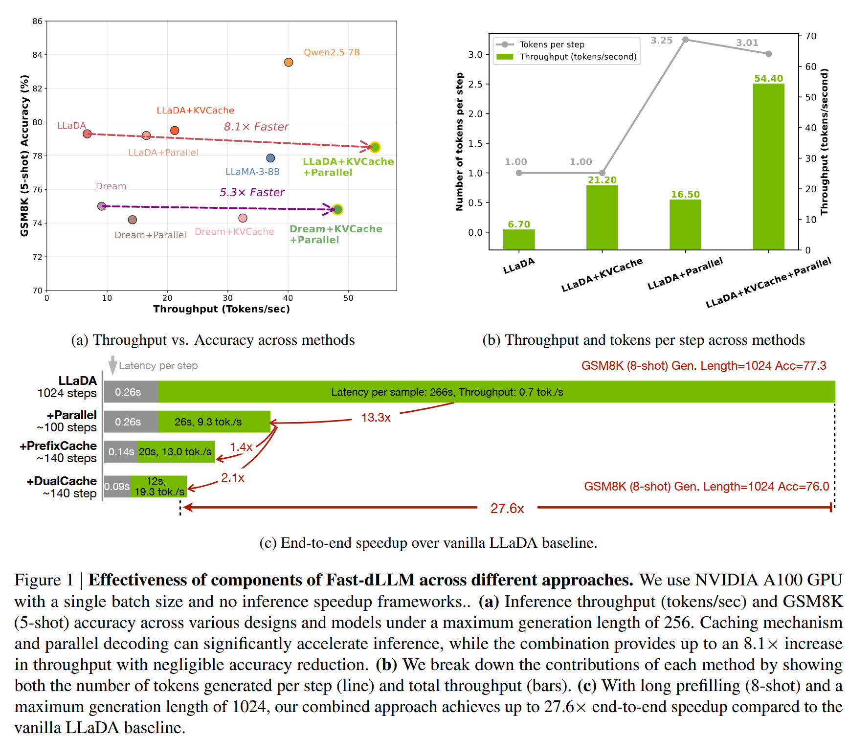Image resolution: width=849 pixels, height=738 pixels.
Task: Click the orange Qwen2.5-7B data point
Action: point(289,62)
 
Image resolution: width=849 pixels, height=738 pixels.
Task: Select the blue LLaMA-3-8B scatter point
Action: point(270,158)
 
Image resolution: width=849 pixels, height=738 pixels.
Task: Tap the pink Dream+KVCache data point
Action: point(243,218)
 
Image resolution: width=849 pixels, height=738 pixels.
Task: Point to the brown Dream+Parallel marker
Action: point(132,220)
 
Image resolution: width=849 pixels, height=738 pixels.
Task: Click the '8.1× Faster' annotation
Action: point(256,127)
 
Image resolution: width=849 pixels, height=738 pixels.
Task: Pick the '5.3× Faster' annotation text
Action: point(251,192)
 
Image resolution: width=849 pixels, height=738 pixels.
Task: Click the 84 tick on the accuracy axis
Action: point(37,55)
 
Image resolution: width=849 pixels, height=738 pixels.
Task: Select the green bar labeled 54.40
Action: point(768,166)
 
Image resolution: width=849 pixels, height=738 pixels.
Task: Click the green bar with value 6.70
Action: point(518,239)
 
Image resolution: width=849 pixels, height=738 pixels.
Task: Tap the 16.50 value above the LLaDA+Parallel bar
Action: point(685,194)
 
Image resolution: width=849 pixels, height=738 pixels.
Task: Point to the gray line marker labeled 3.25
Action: point(686,40)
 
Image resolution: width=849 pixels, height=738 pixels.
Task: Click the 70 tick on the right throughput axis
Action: point(811,36)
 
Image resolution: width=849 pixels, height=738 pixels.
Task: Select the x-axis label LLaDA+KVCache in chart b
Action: point(602,275)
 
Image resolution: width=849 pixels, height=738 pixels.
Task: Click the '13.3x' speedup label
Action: point(376,418)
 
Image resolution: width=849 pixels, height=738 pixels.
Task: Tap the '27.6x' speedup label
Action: point(507,509)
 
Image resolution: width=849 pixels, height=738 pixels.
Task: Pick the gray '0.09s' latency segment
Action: point(117,487)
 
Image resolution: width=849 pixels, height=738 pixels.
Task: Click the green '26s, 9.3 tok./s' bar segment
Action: point(214,422)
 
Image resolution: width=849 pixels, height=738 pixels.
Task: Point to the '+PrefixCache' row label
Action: point(58,446)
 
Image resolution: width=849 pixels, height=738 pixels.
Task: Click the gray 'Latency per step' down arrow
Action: point(112,365)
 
